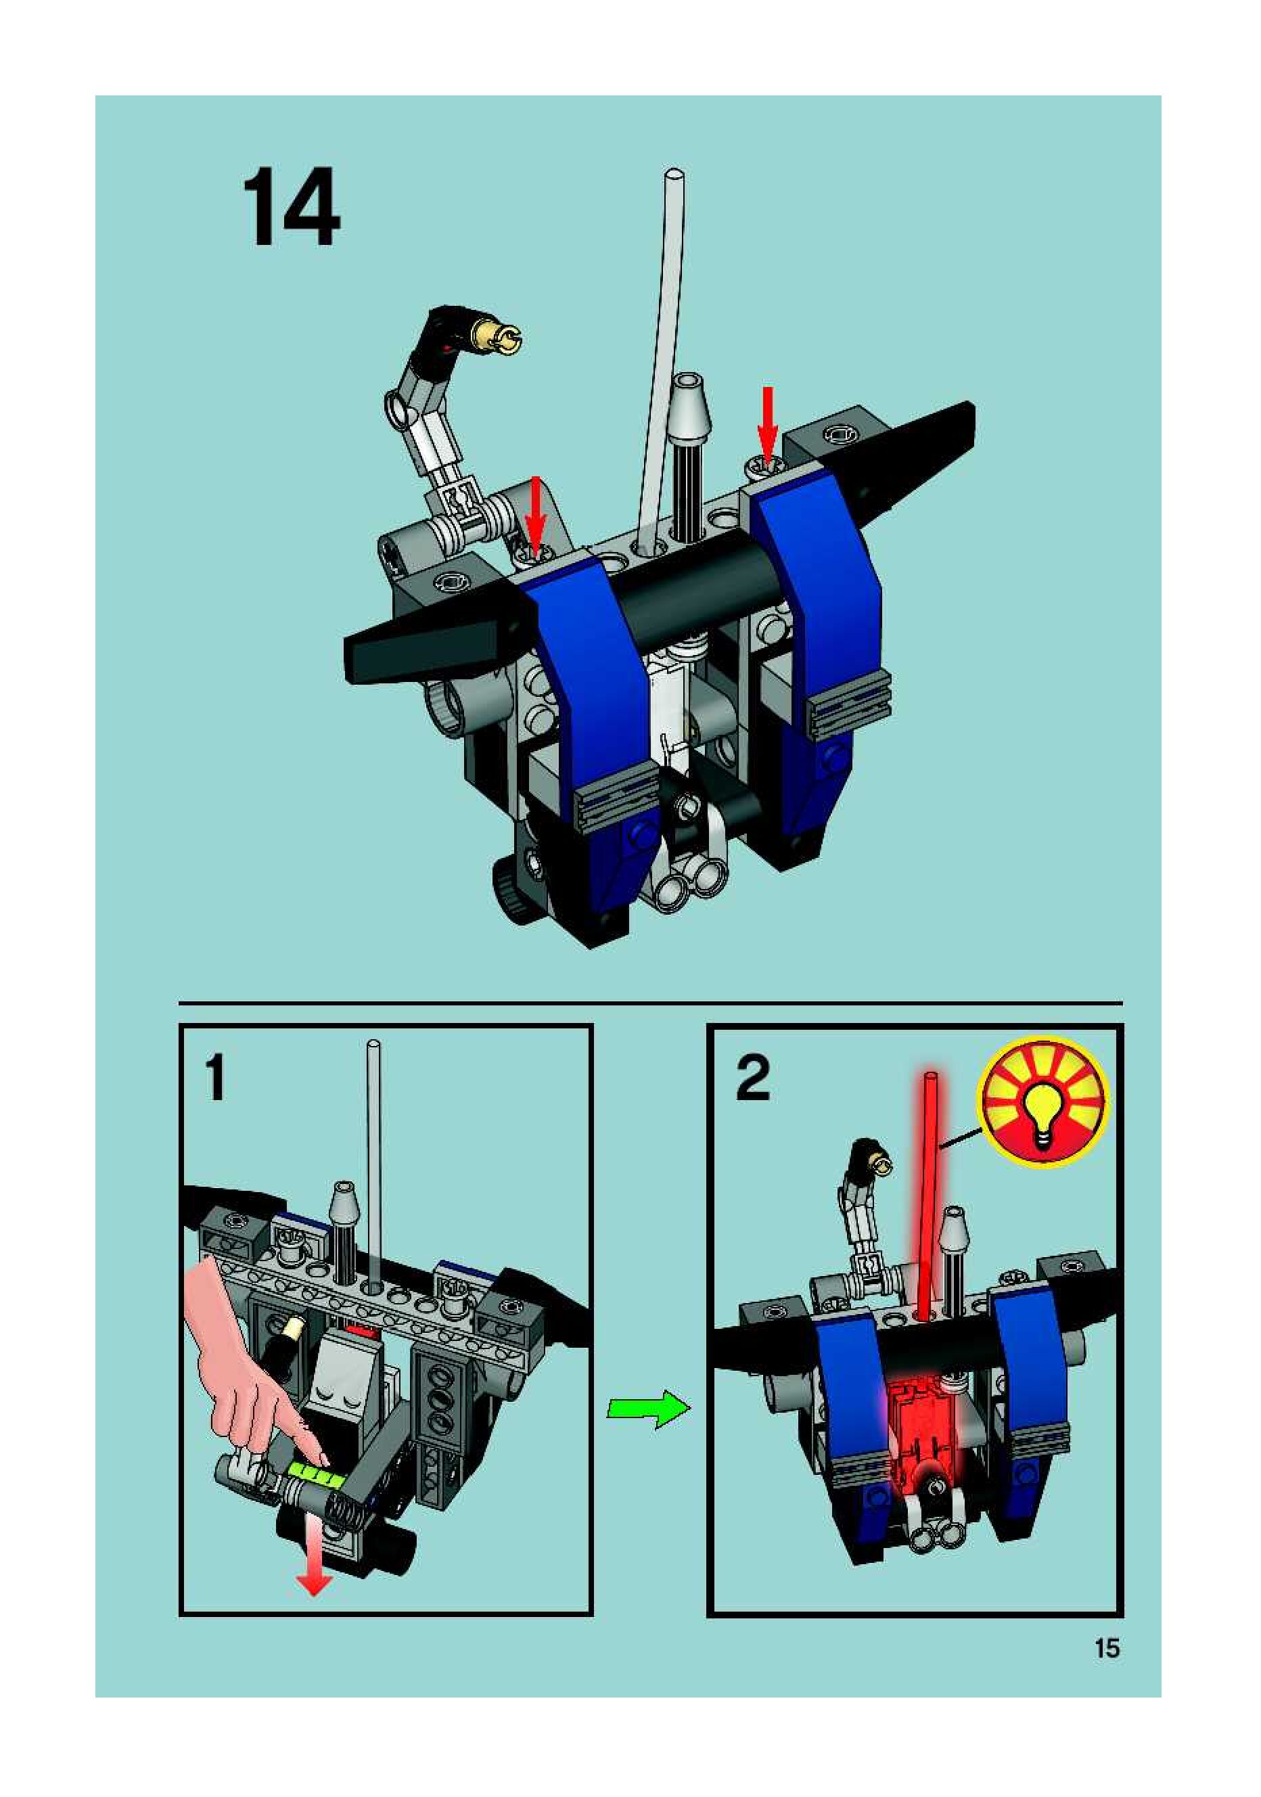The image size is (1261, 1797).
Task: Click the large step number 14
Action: [x=290, y=208]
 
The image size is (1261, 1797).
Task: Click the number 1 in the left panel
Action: [x=215, y=1078]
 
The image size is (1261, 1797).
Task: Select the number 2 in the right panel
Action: [x=753, y=1078]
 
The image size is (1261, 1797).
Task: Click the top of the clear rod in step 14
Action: [x=672, y=177]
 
